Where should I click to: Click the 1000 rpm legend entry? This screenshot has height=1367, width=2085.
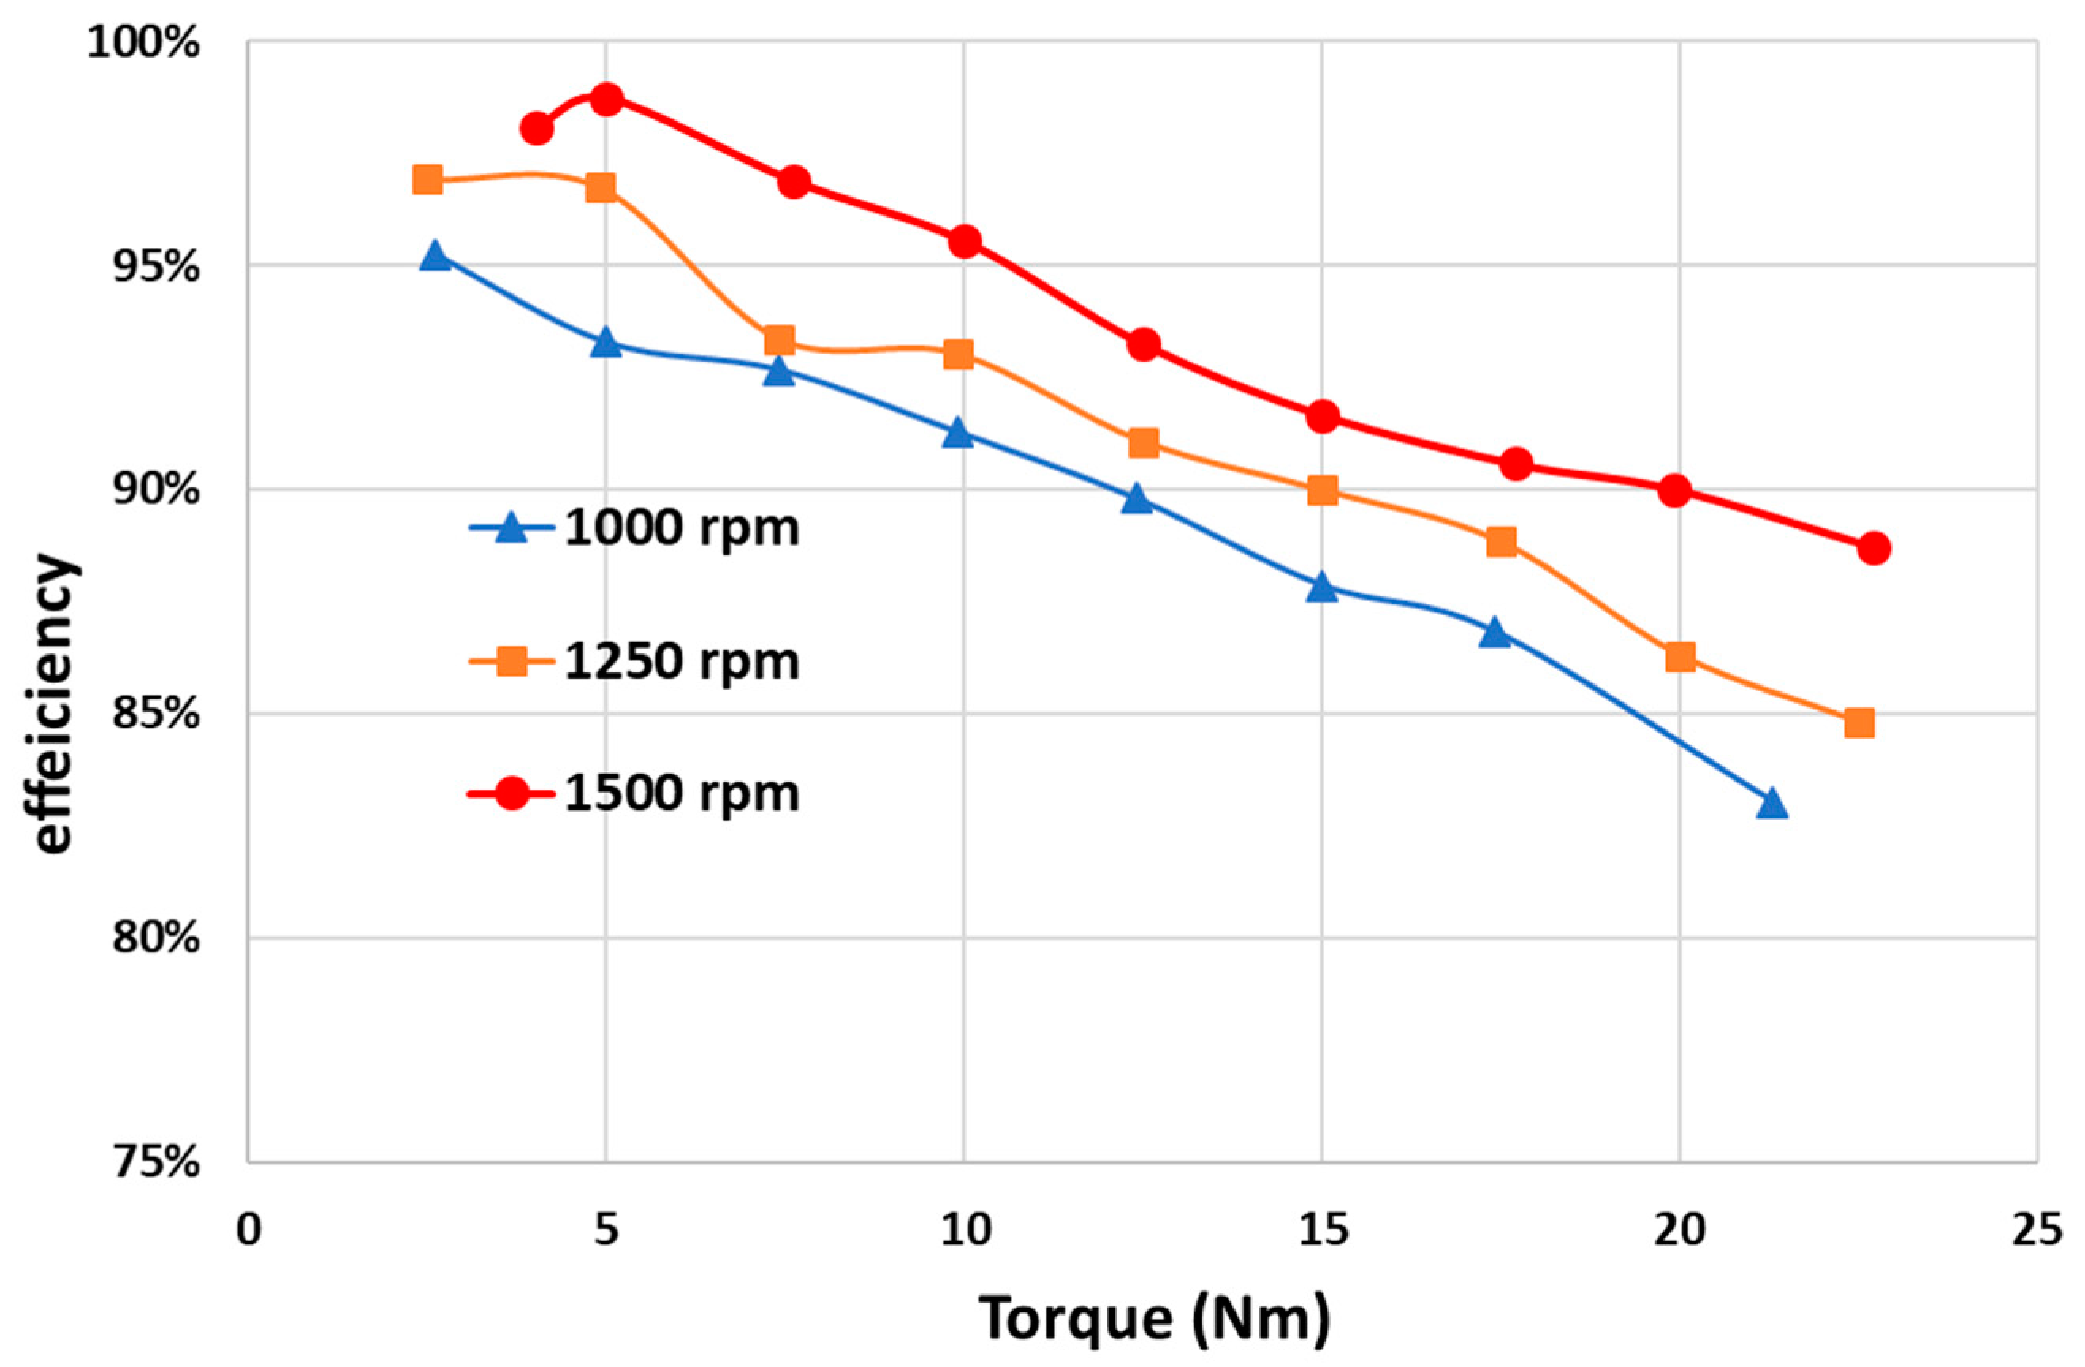pos(635,528)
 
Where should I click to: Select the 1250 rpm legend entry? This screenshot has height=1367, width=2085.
pos(635,661)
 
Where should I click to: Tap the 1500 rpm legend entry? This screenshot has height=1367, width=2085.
pos(635,793)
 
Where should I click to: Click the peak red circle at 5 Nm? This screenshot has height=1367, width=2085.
pos(606,99)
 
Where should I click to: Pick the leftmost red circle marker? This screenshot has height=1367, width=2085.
pos(536,129)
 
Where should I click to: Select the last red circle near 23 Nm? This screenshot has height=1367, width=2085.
pos(1873,548)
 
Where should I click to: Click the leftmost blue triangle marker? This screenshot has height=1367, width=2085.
pos(435,256)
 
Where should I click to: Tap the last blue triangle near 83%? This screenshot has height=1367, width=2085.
pos(1772,803)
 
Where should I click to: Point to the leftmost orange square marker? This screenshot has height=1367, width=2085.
pos(427,180)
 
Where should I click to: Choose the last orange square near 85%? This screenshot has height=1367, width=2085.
pos(1859,722)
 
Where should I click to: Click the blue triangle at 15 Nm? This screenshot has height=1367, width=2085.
pos(1322,588)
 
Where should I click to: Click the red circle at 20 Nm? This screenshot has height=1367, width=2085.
pos(1674,490)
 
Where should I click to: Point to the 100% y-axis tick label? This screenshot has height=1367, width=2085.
pos(144,44)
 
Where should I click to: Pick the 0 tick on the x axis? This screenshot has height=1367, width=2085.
pos(249,1231)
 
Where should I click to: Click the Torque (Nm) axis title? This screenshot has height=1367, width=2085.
pos(1154,1319)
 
